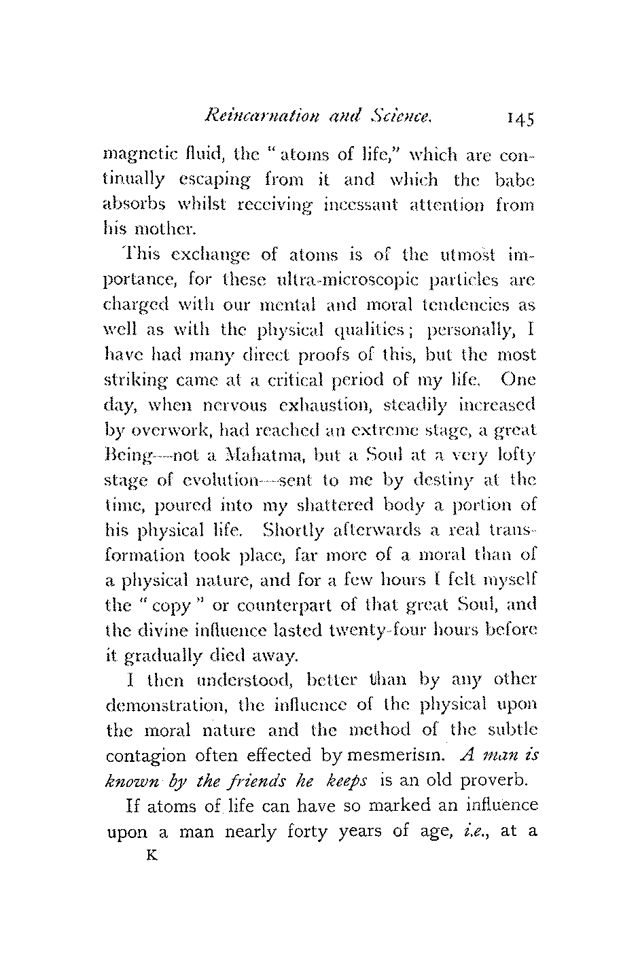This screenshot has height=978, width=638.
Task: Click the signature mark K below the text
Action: pyautogui.click(x=152, y=856)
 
